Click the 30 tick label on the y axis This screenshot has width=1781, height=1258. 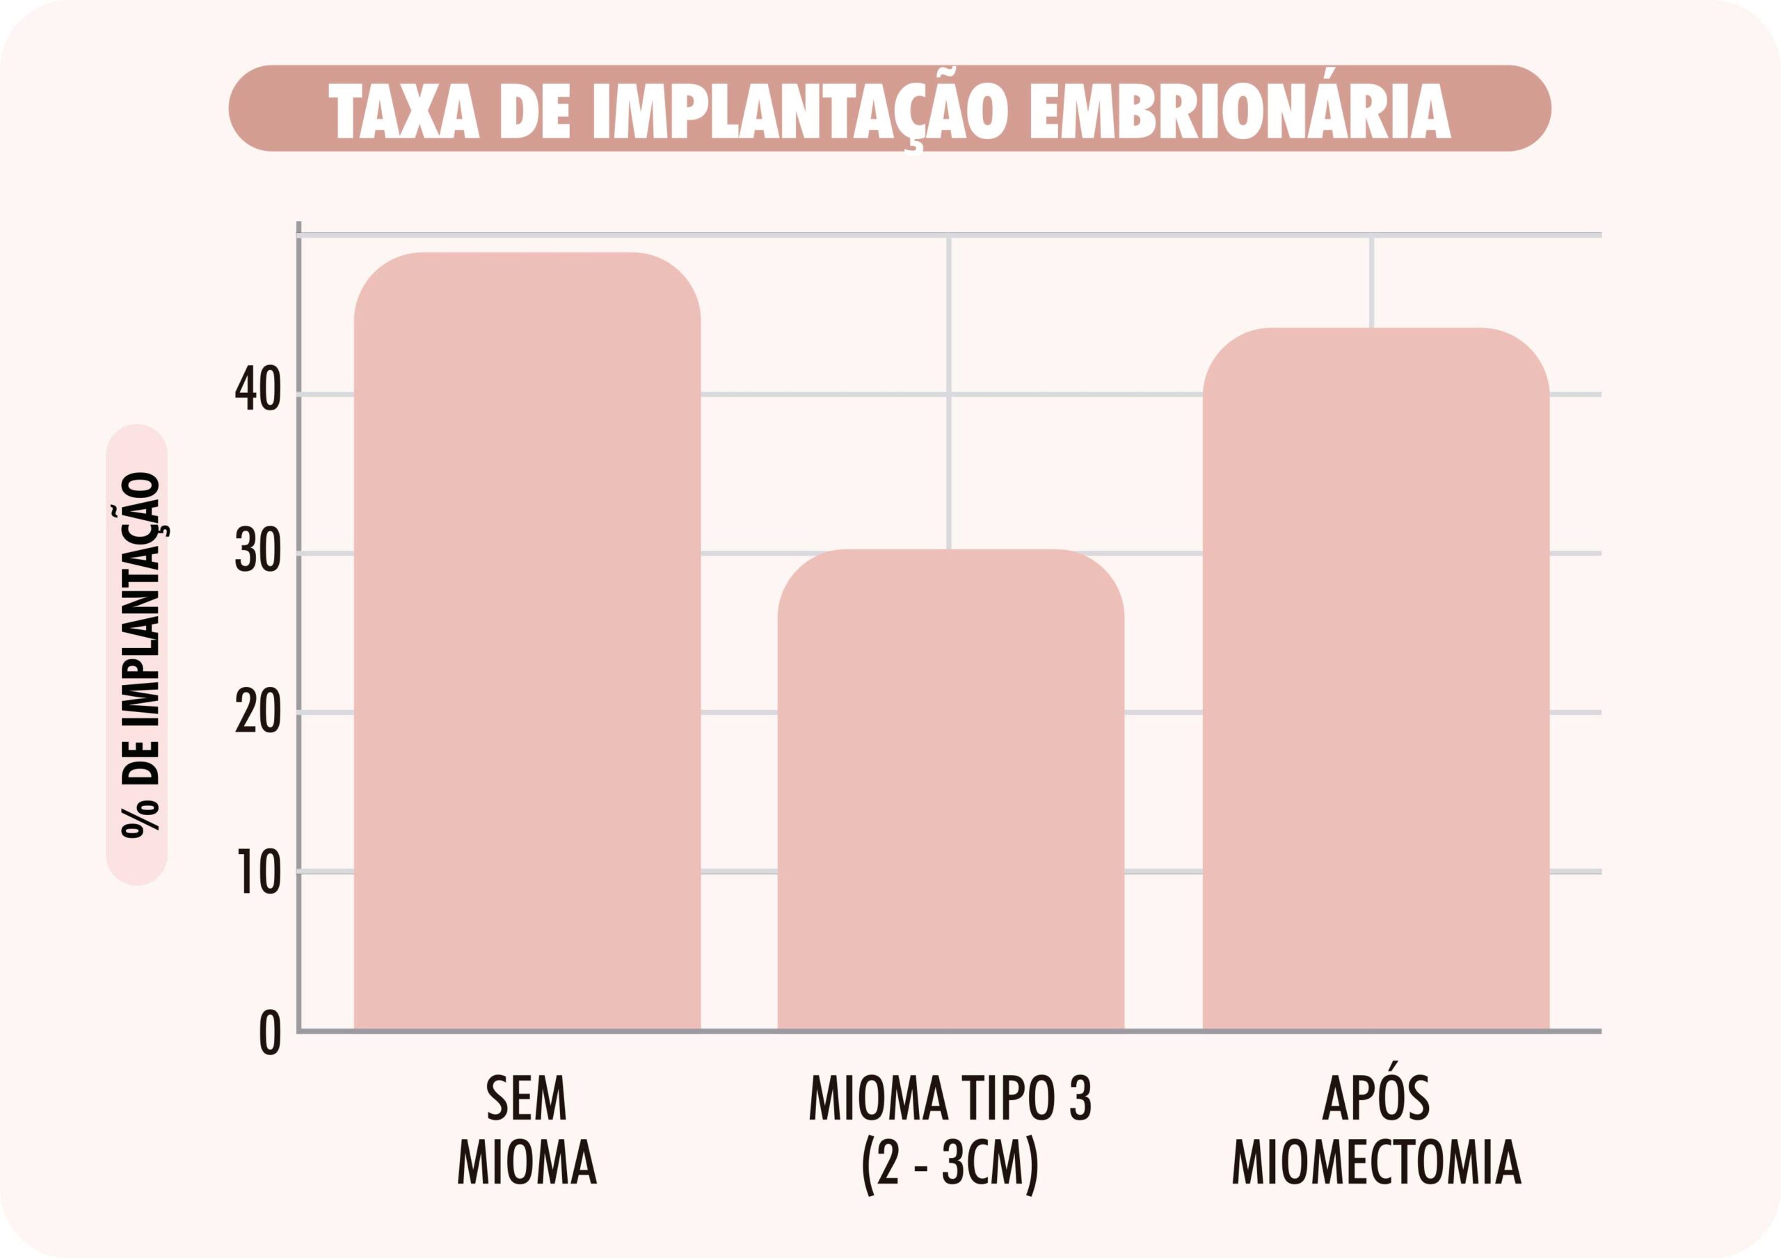pyautogui.click(x=258, y=552)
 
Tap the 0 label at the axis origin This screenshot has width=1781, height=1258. pyautogui.click(x=270, y=1034)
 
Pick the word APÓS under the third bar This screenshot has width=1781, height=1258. pyautogui.click(x=1375, y=1098)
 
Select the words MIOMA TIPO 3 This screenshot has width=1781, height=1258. pyautogui.click(x=950, y=1098)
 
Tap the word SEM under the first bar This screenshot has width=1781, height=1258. pyautogui.click(x=527, y=1098)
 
